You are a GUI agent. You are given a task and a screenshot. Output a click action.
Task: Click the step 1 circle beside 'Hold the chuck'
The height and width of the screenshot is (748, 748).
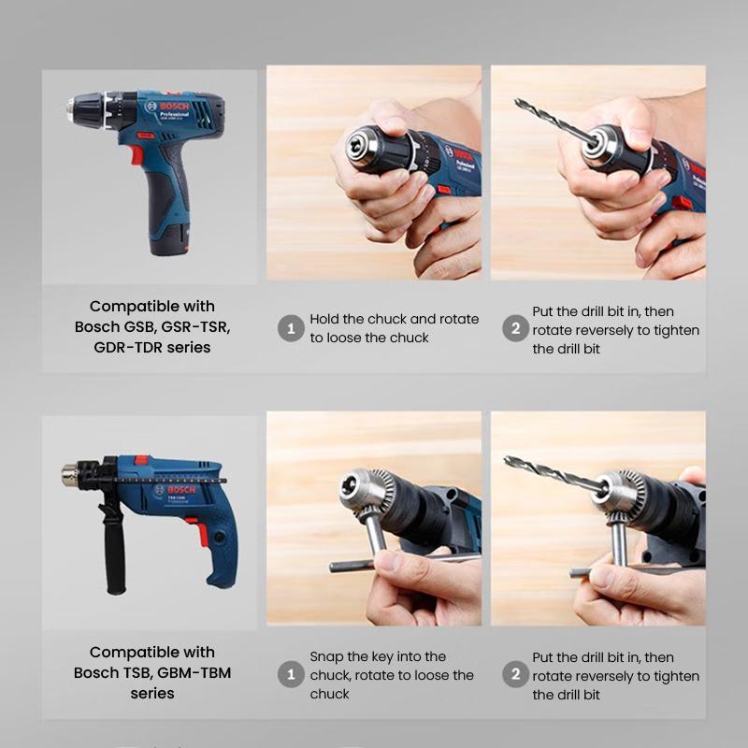(x=291, y=328)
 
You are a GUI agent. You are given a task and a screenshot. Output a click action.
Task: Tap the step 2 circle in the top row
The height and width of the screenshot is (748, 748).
(x=515, y=329)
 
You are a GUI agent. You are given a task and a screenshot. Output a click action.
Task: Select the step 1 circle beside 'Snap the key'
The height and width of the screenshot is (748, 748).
(x=291, y=675)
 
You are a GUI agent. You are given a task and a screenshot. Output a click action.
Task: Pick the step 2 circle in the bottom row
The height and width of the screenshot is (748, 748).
(x=515, y=675)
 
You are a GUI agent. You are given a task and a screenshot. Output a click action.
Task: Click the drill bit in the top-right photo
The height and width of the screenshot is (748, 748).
(x=552, y=122)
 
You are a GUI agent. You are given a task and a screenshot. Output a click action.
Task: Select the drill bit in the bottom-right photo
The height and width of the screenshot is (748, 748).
(x=547, y=471)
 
